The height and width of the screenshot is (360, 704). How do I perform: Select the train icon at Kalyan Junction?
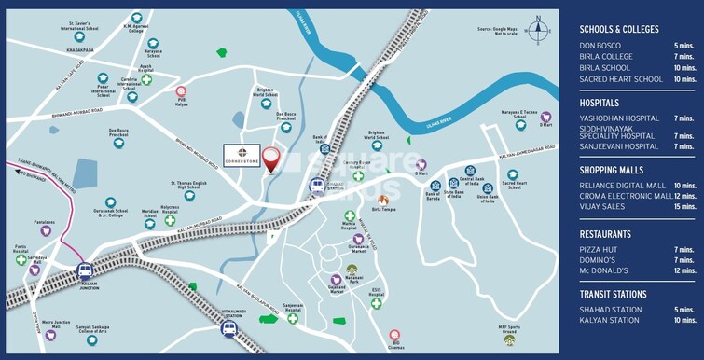[85, 270]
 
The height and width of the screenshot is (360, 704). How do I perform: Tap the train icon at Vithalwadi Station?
[228, 327]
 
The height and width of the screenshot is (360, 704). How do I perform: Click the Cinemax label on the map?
[395, 345]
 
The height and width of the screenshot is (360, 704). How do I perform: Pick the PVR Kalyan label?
[181, 105]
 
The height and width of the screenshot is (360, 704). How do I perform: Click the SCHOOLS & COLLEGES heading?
[619, 30]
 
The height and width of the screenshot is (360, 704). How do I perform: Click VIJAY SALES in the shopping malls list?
[602, 207]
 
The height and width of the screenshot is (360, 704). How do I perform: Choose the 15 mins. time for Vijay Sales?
[683, 207]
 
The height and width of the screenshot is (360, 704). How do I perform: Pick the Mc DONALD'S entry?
[604, 270]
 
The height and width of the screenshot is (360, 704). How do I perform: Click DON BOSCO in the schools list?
[600, 46]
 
